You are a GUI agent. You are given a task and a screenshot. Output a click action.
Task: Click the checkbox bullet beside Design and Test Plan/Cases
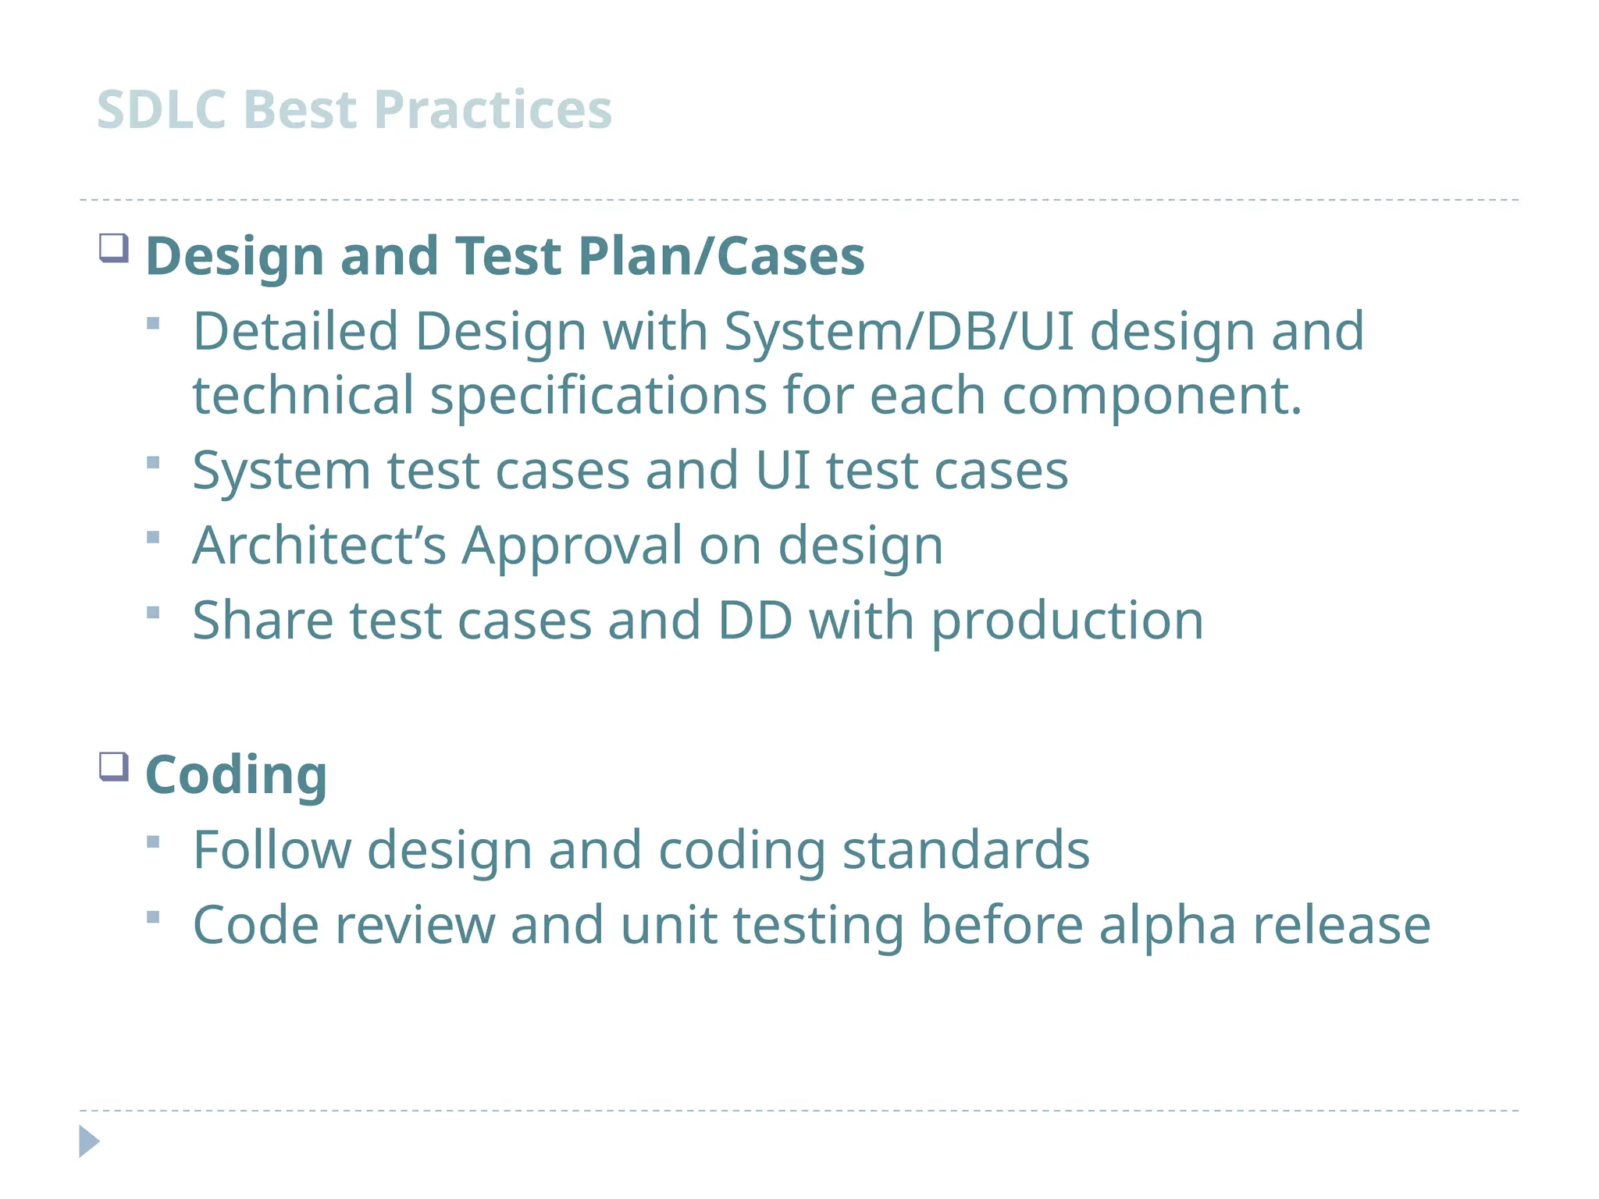[114, 248]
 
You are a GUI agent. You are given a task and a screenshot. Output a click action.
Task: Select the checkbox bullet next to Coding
[114, 767]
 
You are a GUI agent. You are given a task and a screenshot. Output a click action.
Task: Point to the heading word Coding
[236, 775]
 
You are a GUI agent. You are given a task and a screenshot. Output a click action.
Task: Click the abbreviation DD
[754, 621]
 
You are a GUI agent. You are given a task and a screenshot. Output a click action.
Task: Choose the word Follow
[272, 849]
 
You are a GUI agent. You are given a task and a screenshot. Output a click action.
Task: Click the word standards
[966, 849]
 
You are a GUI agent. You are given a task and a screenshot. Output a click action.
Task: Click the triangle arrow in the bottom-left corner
[89, 1141]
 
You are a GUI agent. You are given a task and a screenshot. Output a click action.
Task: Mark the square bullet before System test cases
[153, 463]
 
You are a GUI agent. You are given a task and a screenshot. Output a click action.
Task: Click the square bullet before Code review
[153, 917]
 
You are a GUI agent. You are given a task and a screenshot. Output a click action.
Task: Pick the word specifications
[598, 396]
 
